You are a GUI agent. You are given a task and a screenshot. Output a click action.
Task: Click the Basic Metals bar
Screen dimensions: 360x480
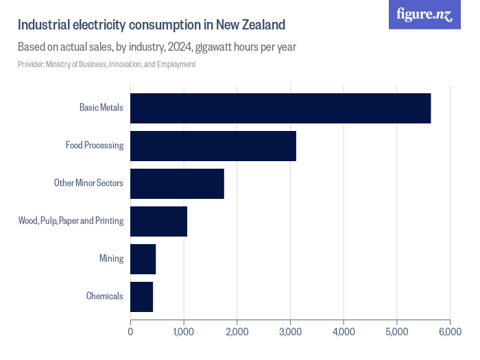280,108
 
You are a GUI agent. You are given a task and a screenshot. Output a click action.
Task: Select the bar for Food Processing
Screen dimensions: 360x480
213,146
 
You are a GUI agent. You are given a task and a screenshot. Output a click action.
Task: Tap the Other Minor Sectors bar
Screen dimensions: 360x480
177,184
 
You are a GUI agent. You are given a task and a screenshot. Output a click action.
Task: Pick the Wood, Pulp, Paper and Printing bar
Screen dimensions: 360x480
158,221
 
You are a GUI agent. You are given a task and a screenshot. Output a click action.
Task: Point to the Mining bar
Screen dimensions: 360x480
143,259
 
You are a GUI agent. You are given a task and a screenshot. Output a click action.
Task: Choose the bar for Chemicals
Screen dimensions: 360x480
142,296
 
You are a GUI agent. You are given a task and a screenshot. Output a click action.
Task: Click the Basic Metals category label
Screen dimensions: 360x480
101,108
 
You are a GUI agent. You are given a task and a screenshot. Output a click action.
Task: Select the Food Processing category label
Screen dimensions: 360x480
95,146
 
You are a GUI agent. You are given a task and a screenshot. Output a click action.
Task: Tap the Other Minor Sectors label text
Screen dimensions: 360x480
89,184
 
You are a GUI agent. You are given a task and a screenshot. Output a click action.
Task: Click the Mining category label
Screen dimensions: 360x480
111,259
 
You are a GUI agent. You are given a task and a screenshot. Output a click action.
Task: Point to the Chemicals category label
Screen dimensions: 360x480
105,296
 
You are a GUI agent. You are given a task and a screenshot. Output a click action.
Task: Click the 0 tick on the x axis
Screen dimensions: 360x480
130,332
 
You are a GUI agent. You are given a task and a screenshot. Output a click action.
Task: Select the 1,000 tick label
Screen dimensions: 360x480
184,332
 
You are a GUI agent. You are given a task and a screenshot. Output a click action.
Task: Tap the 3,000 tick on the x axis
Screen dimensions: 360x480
290,332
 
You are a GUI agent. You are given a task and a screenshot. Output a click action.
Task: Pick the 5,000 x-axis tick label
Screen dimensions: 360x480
396,332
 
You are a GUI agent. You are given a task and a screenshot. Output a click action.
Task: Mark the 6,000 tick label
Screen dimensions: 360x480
450,332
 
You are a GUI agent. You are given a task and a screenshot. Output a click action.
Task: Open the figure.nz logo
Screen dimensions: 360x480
425,15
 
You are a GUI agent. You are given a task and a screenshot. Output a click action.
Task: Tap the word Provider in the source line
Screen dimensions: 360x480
31,64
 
